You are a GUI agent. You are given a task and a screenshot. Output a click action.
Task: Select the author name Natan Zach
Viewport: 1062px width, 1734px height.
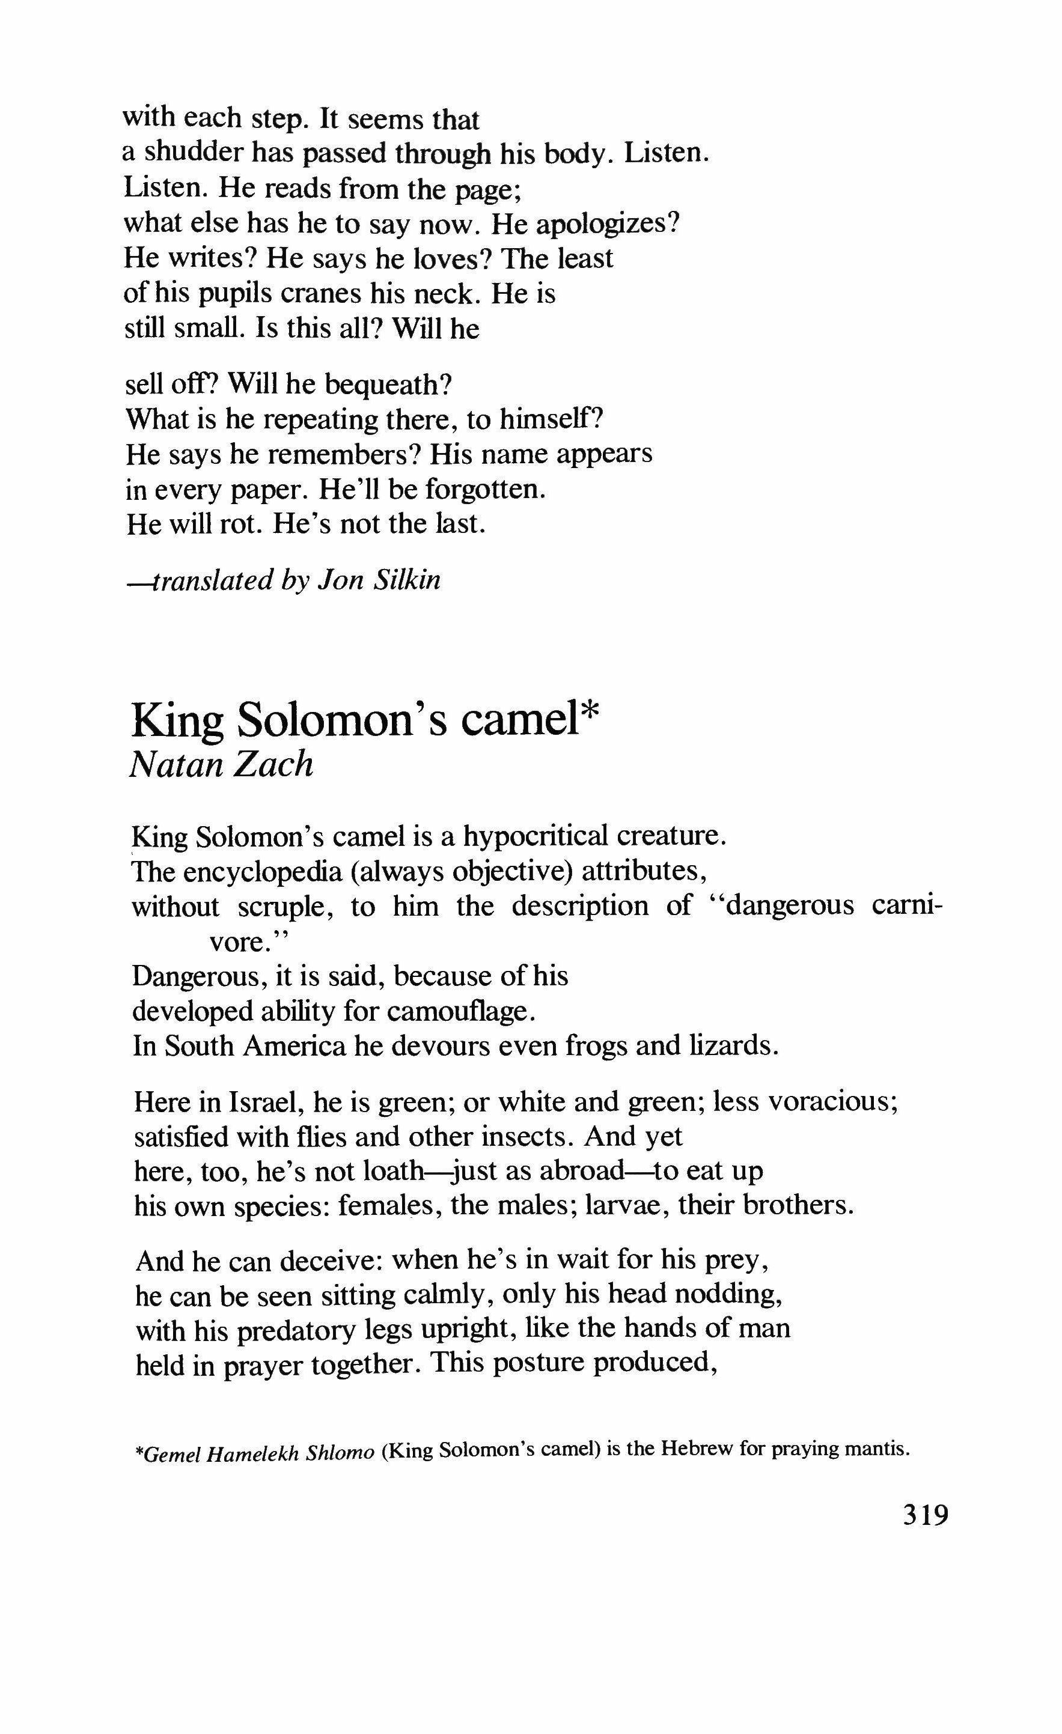(221, 764)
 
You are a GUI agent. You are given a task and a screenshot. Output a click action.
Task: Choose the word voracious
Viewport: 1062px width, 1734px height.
(828, 1101)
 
